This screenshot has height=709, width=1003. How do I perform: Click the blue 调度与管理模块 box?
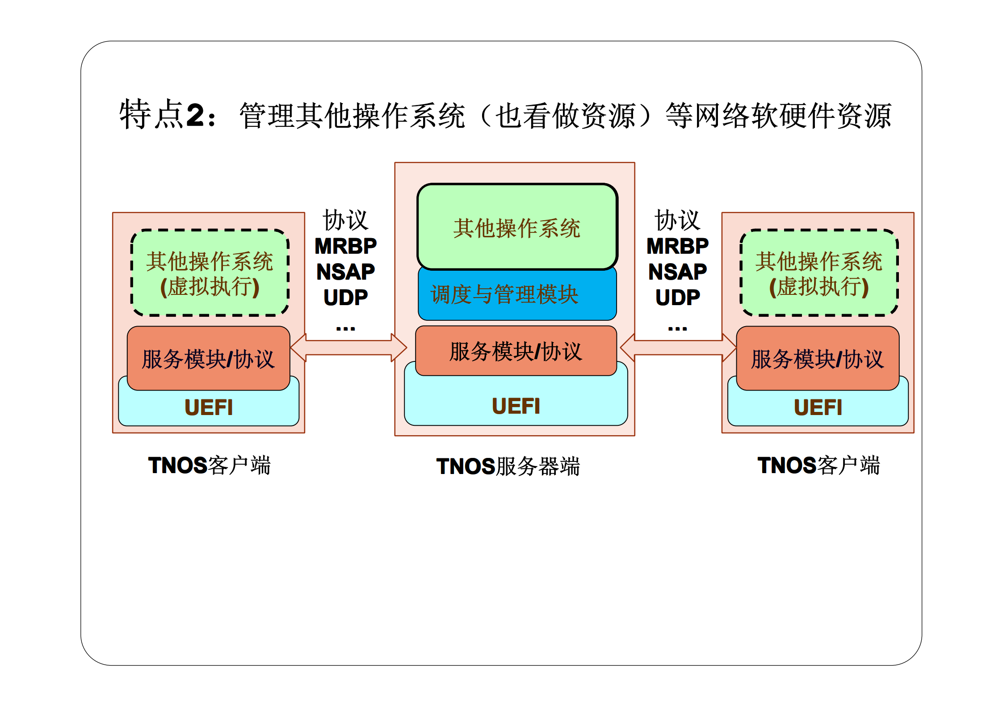pos(517,295)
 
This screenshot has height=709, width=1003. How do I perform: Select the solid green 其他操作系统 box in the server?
pos(517,227)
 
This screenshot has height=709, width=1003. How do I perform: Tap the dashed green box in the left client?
pos(210,273)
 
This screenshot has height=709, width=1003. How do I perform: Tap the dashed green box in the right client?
pos(818,273)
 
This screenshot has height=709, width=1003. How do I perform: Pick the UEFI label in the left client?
pos(209,407)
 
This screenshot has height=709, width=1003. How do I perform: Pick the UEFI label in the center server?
pos(516,406)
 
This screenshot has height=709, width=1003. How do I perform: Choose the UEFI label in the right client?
pos(818,407)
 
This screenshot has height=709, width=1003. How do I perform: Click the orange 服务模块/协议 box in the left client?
pos(208,358)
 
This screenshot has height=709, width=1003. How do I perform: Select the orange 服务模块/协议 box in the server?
pos(516,351)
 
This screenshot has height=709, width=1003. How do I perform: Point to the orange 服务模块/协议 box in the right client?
pos(817,358)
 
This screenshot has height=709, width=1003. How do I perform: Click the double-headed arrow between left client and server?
pos(348,348)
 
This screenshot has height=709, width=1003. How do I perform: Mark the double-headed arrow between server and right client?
pos(678,348)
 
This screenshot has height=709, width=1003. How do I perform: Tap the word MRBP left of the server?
pos(345,246)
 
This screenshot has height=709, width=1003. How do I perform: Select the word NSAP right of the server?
pos(677,272)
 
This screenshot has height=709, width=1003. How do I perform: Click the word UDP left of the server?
pos(345,298)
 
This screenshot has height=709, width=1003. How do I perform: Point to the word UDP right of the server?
pos(677,298)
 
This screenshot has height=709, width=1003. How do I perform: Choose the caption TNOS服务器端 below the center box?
pos(508,466)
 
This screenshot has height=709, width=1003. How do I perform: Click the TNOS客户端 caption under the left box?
pos(209,466)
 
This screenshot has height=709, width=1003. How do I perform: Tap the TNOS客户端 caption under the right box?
pos(818,466)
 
